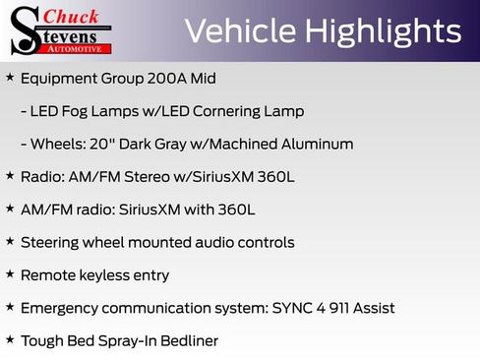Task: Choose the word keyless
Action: tap(108, 275)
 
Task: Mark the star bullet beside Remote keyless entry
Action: tap(10, 274)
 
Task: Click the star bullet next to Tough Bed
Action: tap(10, 340)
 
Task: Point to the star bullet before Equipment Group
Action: tap(10, 77)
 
